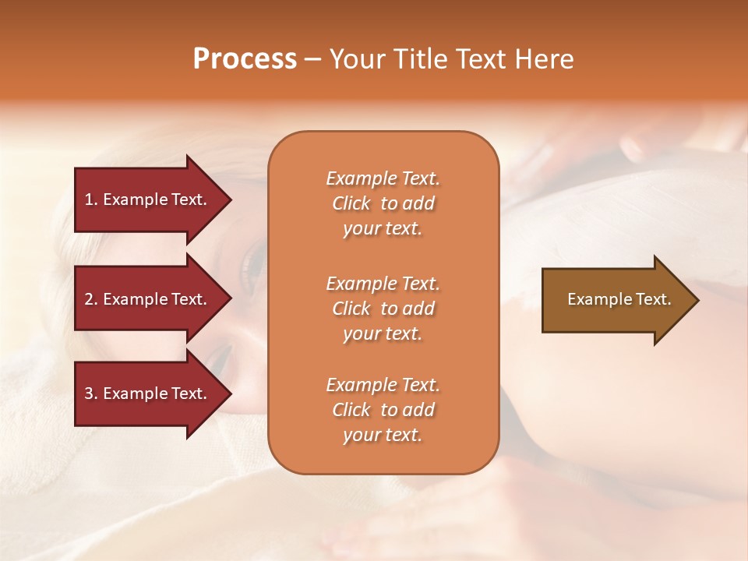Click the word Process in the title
coord(245,59)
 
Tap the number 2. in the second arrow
coord(91,299)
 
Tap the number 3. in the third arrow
coord(91,393)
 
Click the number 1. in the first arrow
coord(91,199)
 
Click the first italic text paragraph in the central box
coord(383,203)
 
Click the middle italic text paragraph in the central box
coord(383,309)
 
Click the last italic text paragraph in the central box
coord(383,410)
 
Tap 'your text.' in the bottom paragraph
coord(383,435)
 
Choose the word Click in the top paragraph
coord(351,203)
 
